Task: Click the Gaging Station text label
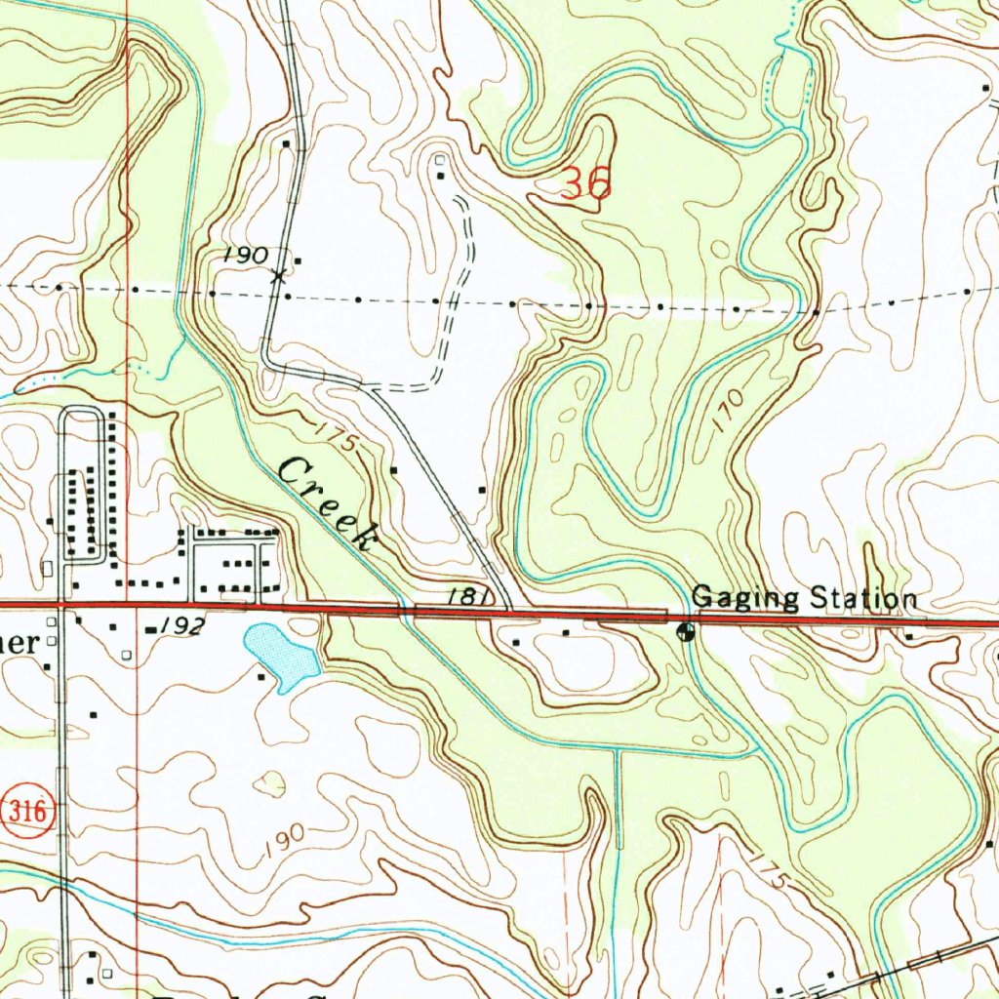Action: pyautogui.click(x=804, y=597)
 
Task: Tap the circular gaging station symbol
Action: pyautogui.click(x=687, y=632)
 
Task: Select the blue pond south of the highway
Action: pyautogui.click(x=281, y=657)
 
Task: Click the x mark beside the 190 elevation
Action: pyautogui.click(x=279, y=275)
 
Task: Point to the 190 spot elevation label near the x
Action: pyautogui.click(x=244, y=255)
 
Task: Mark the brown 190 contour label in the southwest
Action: pyautogui.click(x=284, y=841)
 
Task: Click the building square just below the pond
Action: pyautogui.click(x=261, y=676)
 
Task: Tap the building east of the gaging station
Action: pyautogui.click(x=908, y=636)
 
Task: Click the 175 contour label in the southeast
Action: pyautogui.click(x=769, y=871)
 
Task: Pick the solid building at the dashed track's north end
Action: pyautogui.click(x=441, y=176)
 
